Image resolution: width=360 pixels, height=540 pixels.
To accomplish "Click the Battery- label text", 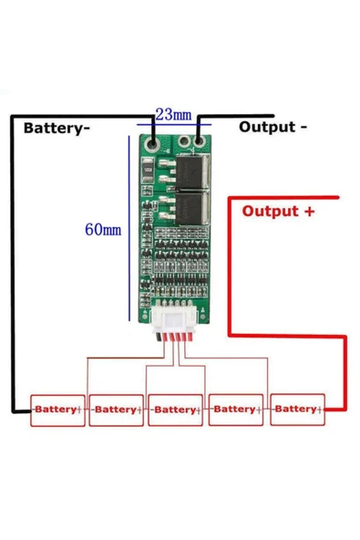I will coord(56,129).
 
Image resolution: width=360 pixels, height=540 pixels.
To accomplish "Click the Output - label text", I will coord(272,127).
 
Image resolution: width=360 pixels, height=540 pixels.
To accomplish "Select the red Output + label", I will coord(278,211).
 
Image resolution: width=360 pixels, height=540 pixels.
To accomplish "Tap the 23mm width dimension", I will coord(172,114).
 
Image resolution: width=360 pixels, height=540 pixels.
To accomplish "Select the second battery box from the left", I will coord(117,410).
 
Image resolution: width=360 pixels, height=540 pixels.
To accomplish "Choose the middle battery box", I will coord(175,410).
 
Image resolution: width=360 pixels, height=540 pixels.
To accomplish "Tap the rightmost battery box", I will coord(297,410).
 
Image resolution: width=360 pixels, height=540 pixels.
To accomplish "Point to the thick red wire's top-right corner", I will coord(339,198).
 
